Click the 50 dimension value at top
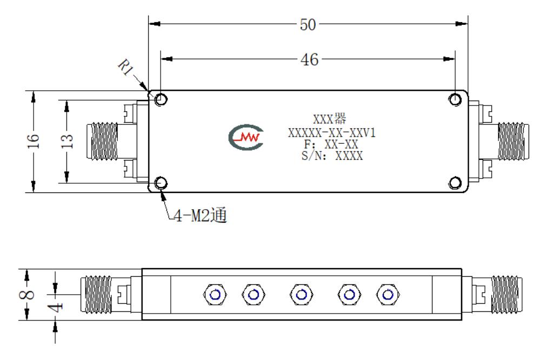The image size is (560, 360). pos(308,25)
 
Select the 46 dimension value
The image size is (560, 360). pos(309,59)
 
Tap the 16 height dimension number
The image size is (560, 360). pos(33,141)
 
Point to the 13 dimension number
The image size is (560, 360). pos(67,141)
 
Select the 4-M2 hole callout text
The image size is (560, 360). pos(200,215)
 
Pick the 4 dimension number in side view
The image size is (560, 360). pos(56,307)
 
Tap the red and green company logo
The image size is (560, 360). pos(246,137)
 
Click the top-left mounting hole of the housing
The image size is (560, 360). pos(161,99)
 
